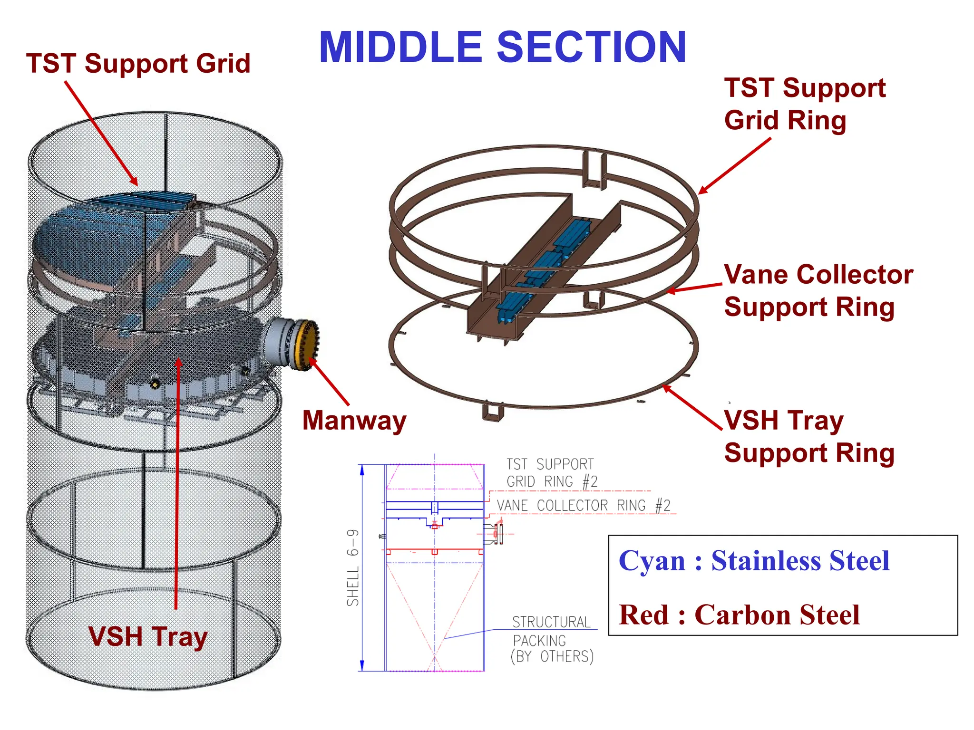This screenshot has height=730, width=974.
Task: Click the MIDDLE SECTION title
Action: click(502, 47)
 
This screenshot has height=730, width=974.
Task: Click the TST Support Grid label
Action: click(138, 63)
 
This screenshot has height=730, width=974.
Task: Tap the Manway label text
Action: click(354, 421)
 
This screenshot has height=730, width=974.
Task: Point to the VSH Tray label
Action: click(148, 636)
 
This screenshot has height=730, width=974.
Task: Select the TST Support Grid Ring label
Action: click(804, 104)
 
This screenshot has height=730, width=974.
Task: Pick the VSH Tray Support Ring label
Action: click(808, 436)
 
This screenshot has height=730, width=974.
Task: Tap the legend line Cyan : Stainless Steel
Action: click(753, 561)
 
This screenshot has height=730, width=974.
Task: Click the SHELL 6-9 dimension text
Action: click(352, 567)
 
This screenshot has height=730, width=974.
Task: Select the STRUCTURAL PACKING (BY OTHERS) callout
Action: click(552, 639)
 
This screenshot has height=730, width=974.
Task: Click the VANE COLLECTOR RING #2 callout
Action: click(583, 505)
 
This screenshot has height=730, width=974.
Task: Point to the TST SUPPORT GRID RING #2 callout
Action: click(551, 473)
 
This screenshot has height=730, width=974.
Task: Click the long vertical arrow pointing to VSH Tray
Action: click(177, 485)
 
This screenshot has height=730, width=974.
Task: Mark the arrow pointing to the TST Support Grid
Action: click(101, 134)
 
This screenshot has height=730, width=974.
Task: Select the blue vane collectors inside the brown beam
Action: click(547, 266)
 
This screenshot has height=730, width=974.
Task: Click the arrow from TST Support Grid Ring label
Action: click(735, 166)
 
